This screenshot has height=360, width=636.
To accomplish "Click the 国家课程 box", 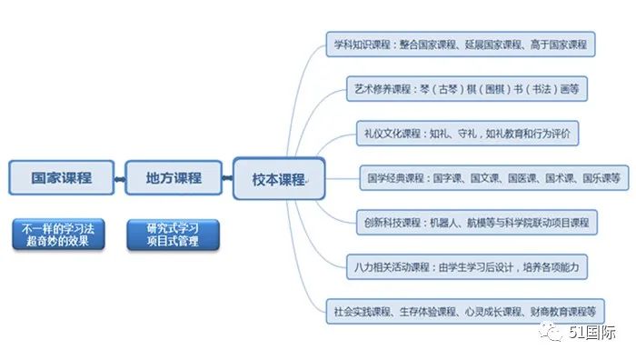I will pos(62,177).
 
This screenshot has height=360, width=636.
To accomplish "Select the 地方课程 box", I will pos(174,177).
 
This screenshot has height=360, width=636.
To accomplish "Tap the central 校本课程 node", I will pos(278,178).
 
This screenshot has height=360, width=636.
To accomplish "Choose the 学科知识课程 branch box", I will pos(460,43).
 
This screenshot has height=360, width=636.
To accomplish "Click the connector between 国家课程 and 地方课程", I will pos(120,178).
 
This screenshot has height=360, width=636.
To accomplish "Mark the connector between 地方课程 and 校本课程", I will pos(228,178).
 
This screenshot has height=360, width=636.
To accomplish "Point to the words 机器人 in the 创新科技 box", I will pos(442,221).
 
